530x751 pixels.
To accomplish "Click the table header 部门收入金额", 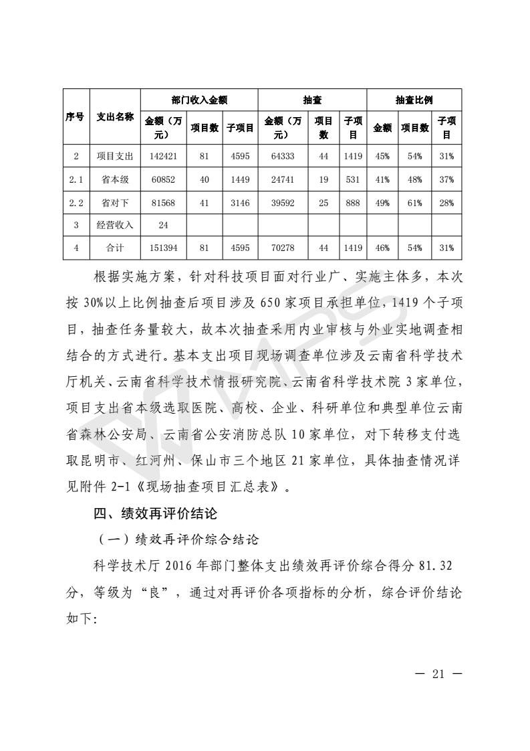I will [199, 100].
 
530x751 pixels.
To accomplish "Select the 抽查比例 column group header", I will [414, 100].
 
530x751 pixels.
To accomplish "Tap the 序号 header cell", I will [76, 116].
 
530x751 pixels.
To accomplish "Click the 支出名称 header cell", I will [114, 116].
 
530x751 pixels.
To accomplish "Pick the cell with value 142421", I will [162, 156].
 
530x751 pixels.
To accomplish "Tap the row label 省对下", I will [114, 202].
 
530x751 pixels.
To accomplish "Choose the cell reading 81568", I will [162, 202].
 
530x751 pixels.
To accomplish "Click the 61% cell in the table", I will [414, 202].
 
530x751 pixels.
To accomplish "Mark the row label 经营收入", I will [114, 225].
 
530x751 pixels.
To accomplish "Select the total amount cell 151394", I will [162, 248].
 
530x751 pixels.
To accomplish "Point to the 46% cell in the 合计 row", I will [382, 248].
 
